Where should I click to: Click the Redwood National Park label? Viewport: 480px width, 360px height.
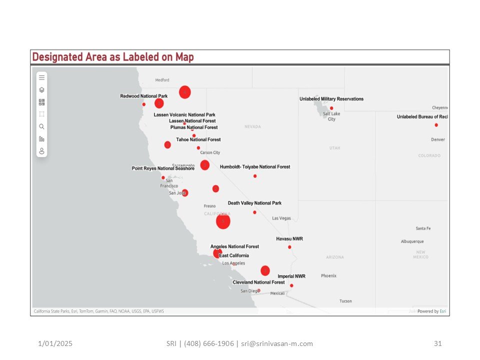(x=143, y=96)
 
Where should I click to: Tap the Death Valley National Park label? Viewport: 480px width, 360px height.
(x=254, y=203)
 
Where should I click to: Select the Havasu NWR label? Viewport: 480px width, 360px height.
(x=289, y=239)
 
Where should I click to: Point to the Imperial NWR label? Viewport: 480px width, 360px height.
(x=291, y=276)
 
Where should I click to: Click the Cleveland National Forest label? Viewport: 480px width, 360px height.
(x=258, y=282)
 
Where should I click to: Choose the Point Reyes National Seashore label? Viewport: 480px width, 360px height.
(x=163, y=168)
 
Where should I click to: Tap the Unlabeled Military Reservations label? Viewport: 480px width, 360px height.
(x=331, y=99)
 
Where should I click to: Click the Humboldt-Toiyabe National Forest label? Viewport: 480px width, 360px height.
(x=255, y=167)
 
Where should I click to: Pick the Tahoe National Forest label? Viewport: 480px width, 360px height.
(x=198, y=139)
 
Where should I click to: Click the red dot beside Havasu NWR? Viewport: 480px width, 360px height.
(x=289, y=247)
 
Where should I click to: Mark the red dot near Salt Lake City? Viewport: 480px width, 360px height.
(x=331, y=108)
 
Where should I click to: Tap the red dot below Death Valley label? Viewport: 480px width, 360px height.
(x=254, y=212)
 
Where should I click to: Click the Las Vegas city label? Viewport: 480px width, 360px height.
(x=281, y=218)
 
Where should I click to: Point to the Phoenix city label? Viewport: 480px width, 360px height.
(x=328, y=276)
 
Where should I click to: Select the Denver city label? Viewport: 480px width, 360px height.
(x=437, y=139)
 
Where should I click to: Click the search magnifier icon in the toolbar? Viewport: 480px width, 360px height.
(x=42, y=126)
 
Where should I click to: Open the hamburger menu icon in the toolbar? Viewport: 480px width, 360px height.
(x=42, y=77)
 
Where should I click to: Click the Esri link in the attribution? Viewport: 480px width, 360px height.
(x=443, y=311)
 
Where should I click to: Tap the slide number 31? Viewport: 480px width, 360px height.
(x=438, y=343)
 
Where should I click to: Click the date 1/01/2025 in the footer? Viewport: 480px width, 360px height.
(x=55, y=343)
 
